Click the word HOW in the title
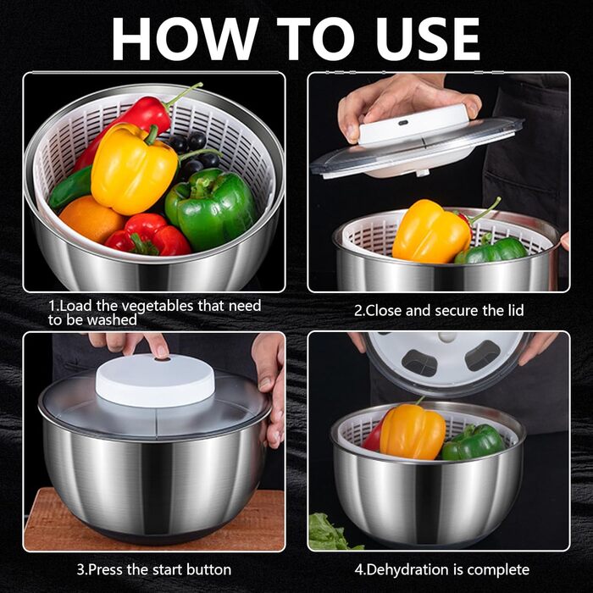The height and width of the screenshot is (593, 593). [x=185, y=39]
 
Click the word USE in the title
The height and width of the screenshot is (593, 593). [x=428, y=39]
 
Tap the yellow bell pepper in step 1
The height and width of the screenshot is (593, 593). [x=133, y=169]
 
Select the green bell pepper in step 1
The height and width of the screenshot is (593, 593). [x=211, y=208]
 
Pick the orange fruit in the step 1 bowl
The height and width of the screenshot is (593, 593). [x=91, y=219]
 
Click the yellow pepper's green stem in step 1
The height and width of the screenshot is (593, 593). [x=152, y=135]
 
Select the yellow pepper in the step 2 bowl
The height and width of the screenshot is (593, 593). [x=431, y=231]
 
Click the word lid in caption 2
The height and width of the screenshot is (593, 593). [x=515, y=311]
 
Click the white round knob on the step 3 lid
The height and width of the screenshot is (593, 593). [x=155, y=380]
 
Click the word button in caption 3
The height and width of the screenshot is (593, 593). [x=209, y=569]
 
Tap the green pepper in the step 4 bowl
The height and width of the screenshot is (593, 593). [x=473, y=441]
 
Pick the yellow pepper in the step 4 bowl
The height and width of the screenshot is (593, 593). [x=413, y=431]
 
